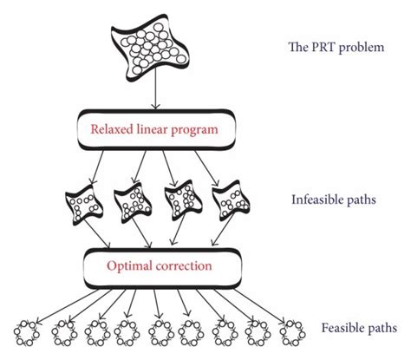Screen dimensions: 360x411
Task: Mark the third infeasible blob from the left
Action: [182, 201]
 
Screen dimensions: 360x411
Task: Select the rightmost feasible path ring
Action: [289, 332]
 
